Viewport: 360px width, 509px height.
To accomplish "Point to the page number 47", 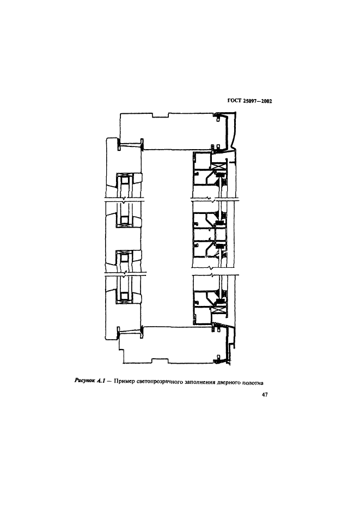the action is pos(265,395).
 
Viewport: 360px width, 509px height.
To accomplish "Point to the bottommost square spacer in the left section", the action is pos(124,296).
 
